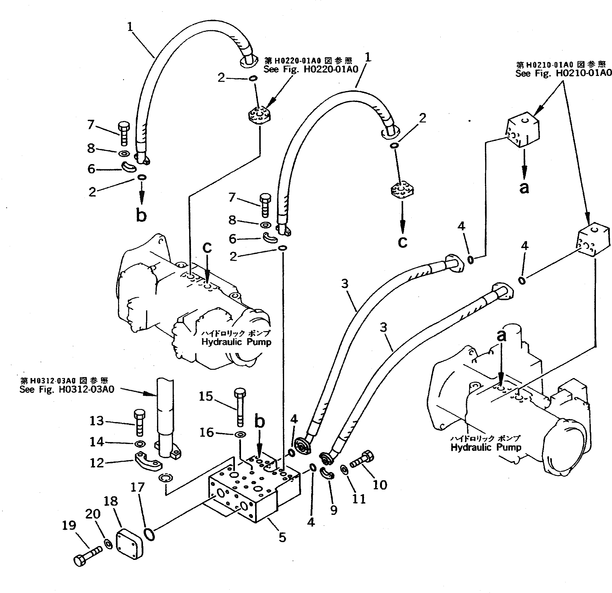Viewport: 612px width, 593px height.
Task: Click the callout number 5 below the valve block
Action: [x=282, y=537]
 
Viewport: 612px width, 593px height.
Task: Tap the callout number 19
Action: [x=69, y=525]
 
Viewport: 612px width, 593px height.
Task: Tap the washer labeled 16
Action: [x=240, y=434]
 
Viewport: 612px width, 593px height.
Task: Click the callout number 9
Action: [x=334, y=510]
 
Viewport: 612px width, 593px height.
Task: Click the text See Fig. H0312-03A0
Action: [x=67, y=389]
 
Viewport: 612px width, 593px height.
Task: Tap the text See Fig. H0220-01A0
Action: [x=311, y=69]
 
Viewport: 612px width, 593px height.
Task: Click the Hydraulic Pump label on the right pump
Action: [x=486, y=447]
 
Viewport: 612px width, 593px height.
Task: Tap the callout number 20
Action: [x=93, y=514]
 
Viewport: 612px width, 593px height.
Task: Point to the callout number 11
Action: [x=359, y=499]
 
